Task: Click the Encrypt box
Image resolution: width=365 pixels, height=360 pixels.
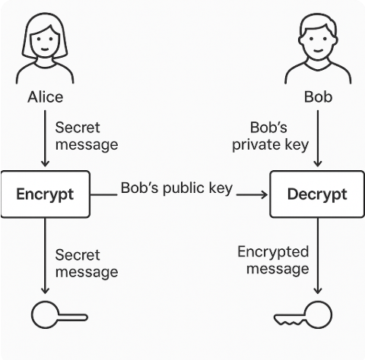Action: (x=46, y=194)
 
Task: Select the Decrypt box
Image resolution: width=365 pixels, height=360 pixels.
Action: (x=317, y=194)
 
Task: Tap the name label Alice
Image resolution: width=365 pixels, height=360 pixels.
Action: (x=46, y=97)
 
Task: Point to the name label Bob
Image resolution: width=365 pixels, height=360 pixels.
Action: (x=318, y=97)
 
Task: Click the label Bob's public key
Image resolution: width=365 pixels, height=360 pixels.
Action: (x=176, y=188)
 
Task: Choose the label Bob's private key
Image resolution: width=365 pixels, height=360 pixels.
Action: (x=271, y=136)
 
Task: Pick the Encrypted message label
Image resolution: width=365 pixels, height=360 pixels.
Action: (x=273, y=261)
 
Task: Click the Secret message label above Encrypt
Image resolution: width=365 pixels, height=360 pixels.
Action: (x=87, y=136)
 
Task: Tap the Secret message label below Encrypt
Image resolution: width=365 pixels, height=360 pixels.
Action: (x=87, y=264)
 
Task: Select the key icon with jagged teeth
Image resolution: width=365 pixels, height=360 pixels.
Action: (x=303, y=315)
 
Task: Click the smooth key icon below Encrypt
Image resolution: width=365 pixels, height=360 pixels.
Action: (x=59, y=315)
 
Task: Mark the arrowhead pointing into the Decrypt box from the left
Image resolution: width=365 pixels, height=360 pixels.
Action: (x=265, y=194)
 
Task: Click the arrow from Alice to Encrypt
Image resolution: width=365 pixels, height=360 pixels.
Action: (x=45, y=138)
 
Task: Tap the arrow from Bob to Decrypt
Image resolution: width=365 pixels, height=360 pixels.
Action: (x=318, y=138)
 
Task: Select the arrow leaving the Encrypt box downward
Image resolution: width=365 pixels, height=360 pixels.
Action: (x=45, y=256)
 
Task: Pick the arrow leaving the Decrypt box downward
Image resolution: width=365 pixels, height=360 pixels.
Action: (x=318, y=256)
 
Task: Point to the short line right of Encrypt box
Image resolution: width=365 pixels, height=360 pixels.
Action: (x=104, y=194)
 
